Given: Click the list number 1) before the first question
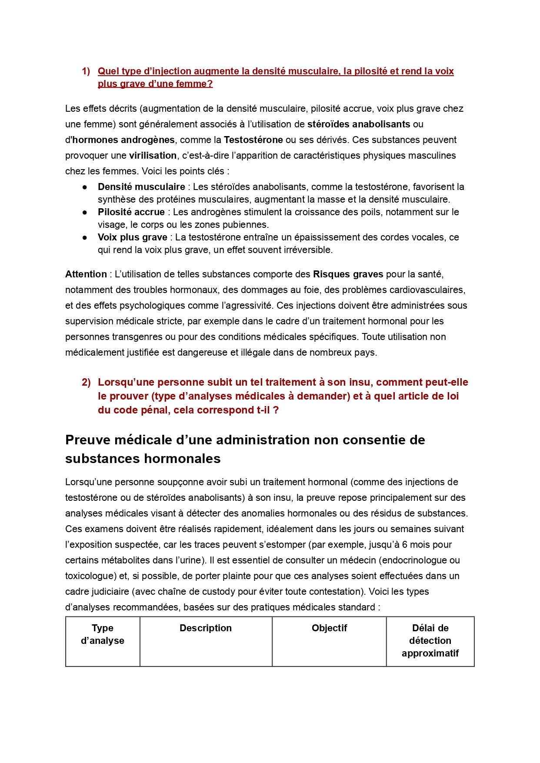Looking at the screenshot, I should (x=86, y=71).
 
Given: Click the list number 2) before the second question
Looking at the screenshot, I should (x=86, y=382).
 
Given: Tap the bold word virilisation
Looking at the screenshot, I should (x=153, y=156).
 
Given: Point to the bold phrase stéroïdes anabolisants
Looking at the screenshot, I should (x=359, y=124).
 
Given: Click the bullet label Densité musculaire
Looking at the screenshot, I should (x=141, y=187).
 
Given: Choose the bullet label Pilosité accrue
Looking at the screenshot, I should (x=131, y=212).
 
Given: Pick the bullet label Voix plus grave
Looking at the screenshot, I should (x=132, y=237).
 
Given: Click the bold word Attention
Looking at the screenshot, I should (x=86, y=274).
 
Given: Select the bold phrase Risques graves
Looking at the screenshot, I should (x=348, y=274).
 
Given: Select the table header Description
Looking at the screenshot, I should (x=206, y=628).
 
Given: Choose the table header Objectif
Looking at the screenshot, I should (x=329, y=628).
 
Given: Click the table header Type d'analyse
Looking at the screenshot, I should (x=103, y=634).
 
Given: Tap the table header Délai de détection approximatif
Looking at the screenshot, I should (x=430, y=641).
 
